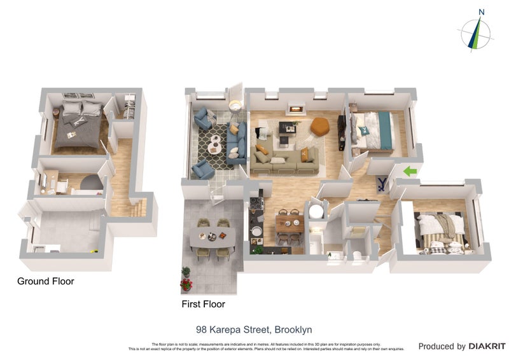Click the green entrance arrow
click(410, 170)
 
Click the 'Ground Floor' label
click(45, 281)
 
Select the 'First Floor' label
click(204, 304)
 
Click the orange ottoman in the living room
click(320, 126)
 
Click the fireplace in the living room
click(295, 109)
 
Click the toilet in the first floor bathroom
click(358, 256)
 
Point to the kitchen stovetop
click(256, 205)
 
